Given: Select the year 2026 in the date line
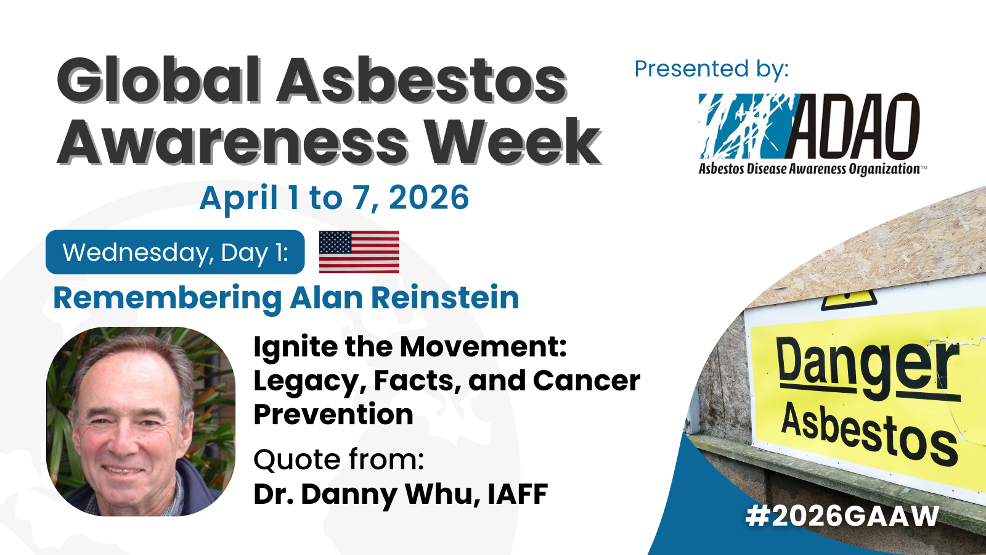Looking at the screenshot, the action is pos(429,198).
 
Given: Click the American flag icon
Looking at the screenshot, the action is pos(359,252).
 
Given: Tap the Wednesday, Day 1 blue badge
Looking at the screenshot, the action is pos(175,252).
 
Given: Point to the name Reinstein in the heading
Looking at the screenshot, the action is pos(446,298).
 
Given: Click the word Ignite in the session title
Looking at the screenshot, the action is pos(296,348).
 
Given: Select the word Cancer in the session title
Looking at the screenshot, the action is pos(586,380).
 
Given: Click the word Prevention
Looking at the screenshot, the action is pos(333,414).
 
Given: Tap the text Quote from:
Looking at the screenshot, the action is pos(338,460).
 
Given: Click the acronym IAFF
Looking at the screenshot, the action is pos(518,494).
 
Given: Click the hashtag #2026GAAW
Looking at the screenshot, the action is pos(842,516).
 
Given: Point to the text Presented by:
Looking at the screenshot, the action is pos(711,68).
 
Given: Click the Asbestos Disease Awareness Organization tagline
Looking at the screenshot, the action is pos(809,169).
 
